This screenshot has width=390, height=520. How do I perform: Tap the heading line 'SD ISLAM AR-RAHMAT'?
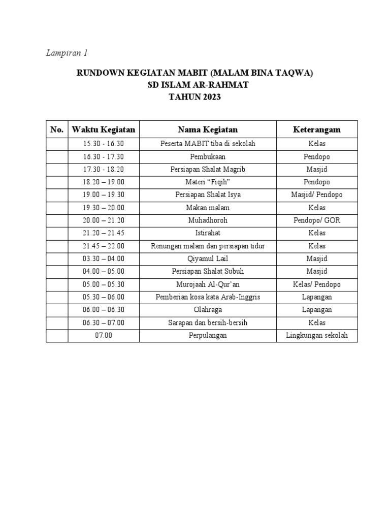click(194, 85)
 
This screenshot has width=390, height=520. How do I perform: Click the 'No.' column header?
click(57, 129)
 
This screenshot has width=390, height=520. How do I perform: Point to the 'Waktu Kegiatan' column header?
click(104, 129)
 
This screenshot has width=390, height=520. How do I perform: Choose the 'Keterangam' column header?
click(317, 129)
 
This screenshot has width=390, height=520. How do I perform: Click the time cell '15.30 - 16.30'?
click(104, 144)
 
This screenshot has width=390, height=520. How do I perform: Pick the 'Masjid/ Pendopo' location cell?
click(317, 194)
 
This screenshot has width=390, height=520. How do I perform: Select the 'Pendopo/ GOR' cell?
click(317, 220)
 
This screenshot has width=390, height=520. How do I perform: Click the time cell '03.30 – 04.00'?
click(104, 258)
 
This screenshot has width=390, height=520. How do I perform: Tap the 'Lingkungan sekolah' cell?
click(317, 336)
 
